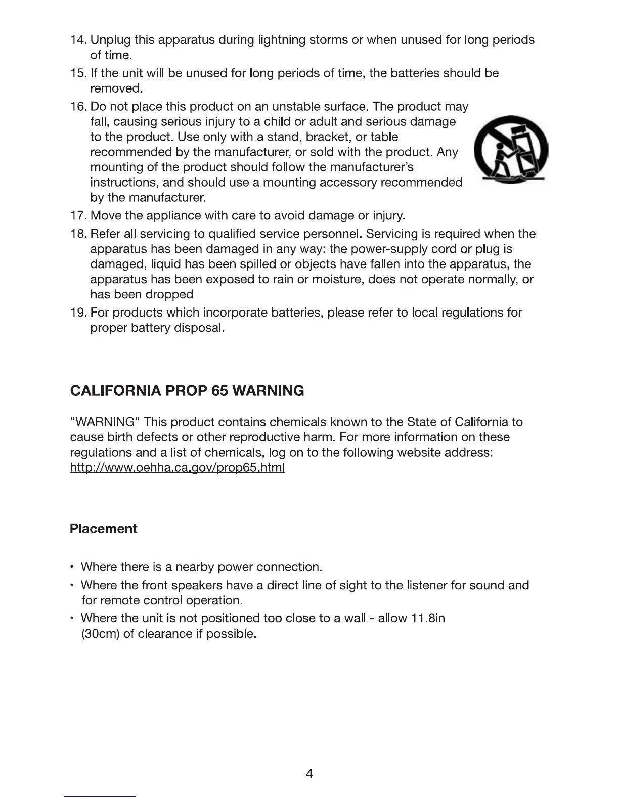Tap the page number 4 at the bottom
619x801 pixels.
click(x=309, y=774)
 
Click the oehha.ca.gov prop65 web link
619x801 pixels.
click(x=177, y=468)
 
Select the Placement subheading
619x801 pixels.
click(x=103, y=529)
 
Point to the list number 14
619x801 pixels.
click(x=78, y=40)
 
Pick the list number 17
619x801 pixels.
click(x=78, y=216)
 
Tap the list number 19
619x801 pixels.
click(x=78, y=313)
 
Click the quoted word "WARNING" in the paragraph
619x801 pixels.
click(x=105, y=422)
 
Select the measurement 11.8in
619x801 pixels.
click(x=428, y=618)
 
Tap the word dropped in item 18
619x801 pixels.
click(x=169, y=294)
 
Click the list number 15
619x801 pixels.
click(x=78, y=73)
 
